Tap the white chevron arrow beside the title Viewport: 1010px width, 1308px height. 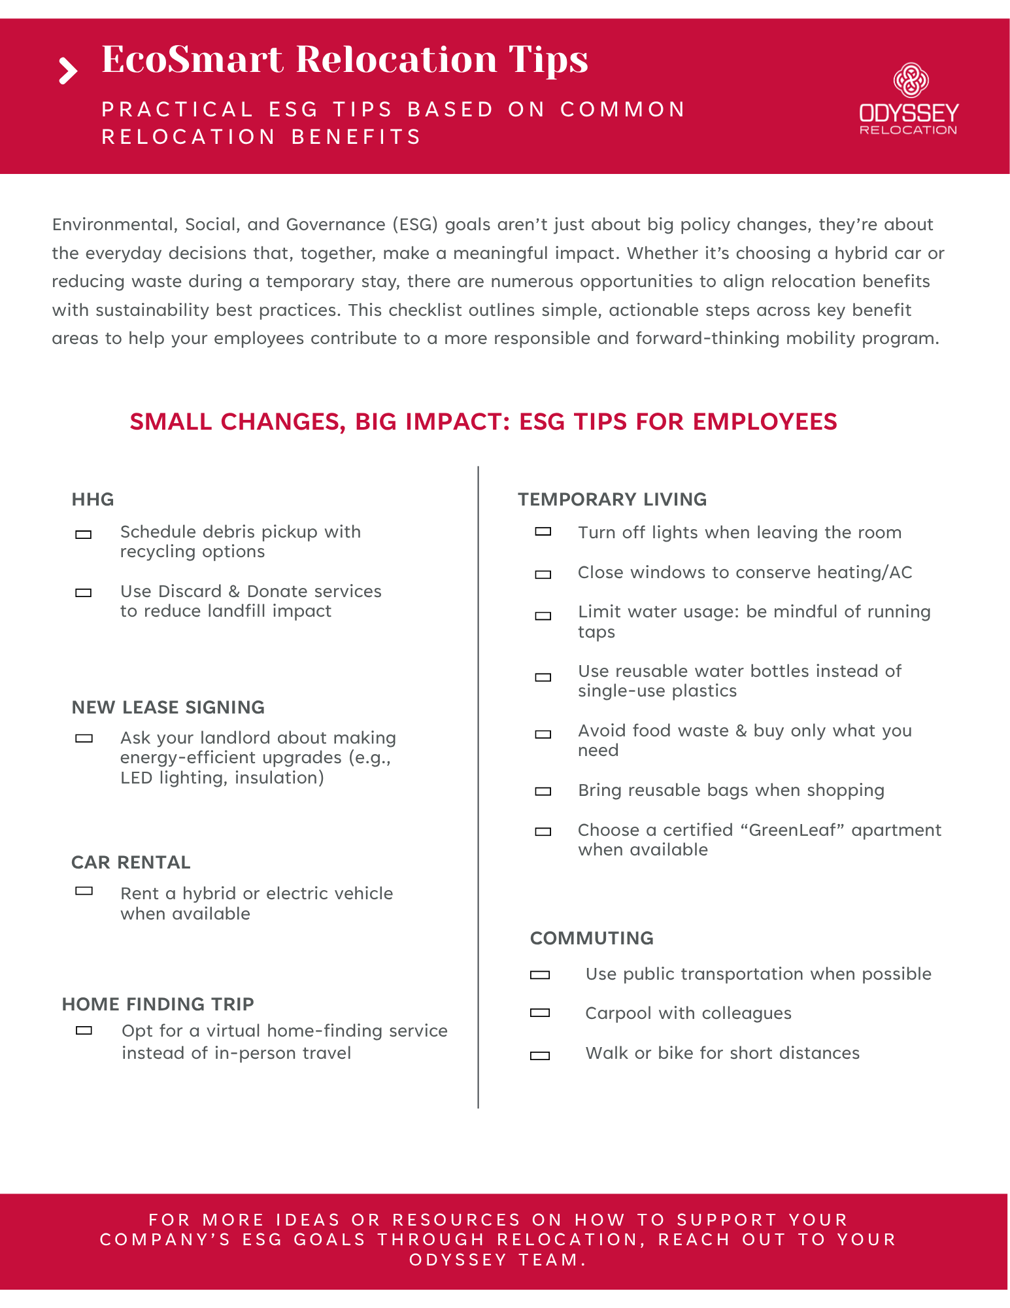coord(68,71)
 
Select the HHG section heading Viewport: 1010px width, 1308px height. coord(93,500)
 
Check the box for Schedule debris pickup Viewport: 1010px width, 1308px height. coord(84,535)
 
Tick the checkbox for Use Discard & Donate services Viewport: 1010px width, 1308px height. coord(84,593)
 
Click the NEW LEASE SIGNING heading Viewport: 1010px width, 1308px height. coord(168,708)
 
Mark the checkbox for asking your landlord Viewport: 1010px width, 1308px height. coord(84,738)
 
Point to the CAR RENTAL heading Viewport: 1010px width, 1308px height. coord(131,863)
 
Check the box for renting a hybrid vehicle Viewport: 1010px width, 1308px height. coord(84,891)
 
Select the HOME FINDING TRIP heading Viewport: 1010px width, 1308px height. coord(158,1005)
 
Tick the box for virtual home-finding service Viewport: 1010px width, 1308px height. coord(84,1031)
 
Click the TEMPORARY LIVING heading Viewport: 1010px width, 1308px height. coord(612,500)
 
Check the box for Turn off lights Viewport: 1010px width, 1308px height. coord(543,532)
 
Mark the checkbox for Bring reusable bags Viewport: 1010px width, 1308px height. coord(543,791)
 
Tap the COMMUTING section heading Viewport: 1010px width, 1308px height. coord(592,938)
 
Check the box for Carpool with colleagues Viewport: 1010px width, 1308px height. coord(540,1013)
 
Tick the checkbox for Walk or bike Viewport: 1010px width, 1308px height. coord(540,1056)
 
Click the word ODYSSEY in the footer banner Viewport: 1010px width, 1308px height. coord(458,1260)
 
